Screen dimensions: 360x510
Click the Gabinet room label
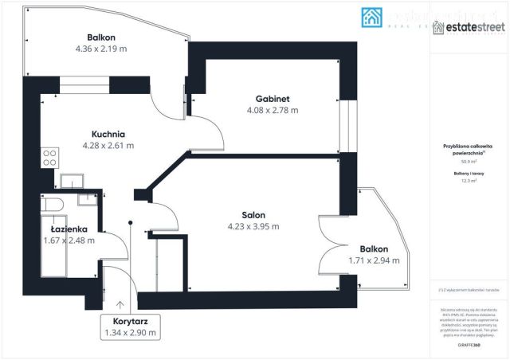(x=273, y=98)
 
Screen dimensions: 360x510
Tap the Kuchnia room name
(x=108, y=134)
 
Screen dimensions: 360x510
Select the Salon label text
(x=253, y=214)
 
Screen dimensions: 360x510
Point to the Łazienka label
(x=69, y=229)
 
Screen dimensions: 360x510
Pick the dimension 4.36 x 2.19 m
(x=101, y=49)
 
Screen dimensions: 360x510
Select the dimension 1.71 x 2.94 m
(x=374, y=260)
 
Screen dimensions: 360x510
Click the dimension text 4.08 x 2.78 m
(x=273, y=110)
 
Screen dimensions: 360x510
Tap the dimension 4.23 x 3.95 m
(x=253, y=226)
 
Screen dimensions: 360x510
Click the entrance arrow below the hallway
(x=120, y=303)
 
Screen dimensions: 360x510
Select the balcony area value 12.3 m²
(x=469, y=180)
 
